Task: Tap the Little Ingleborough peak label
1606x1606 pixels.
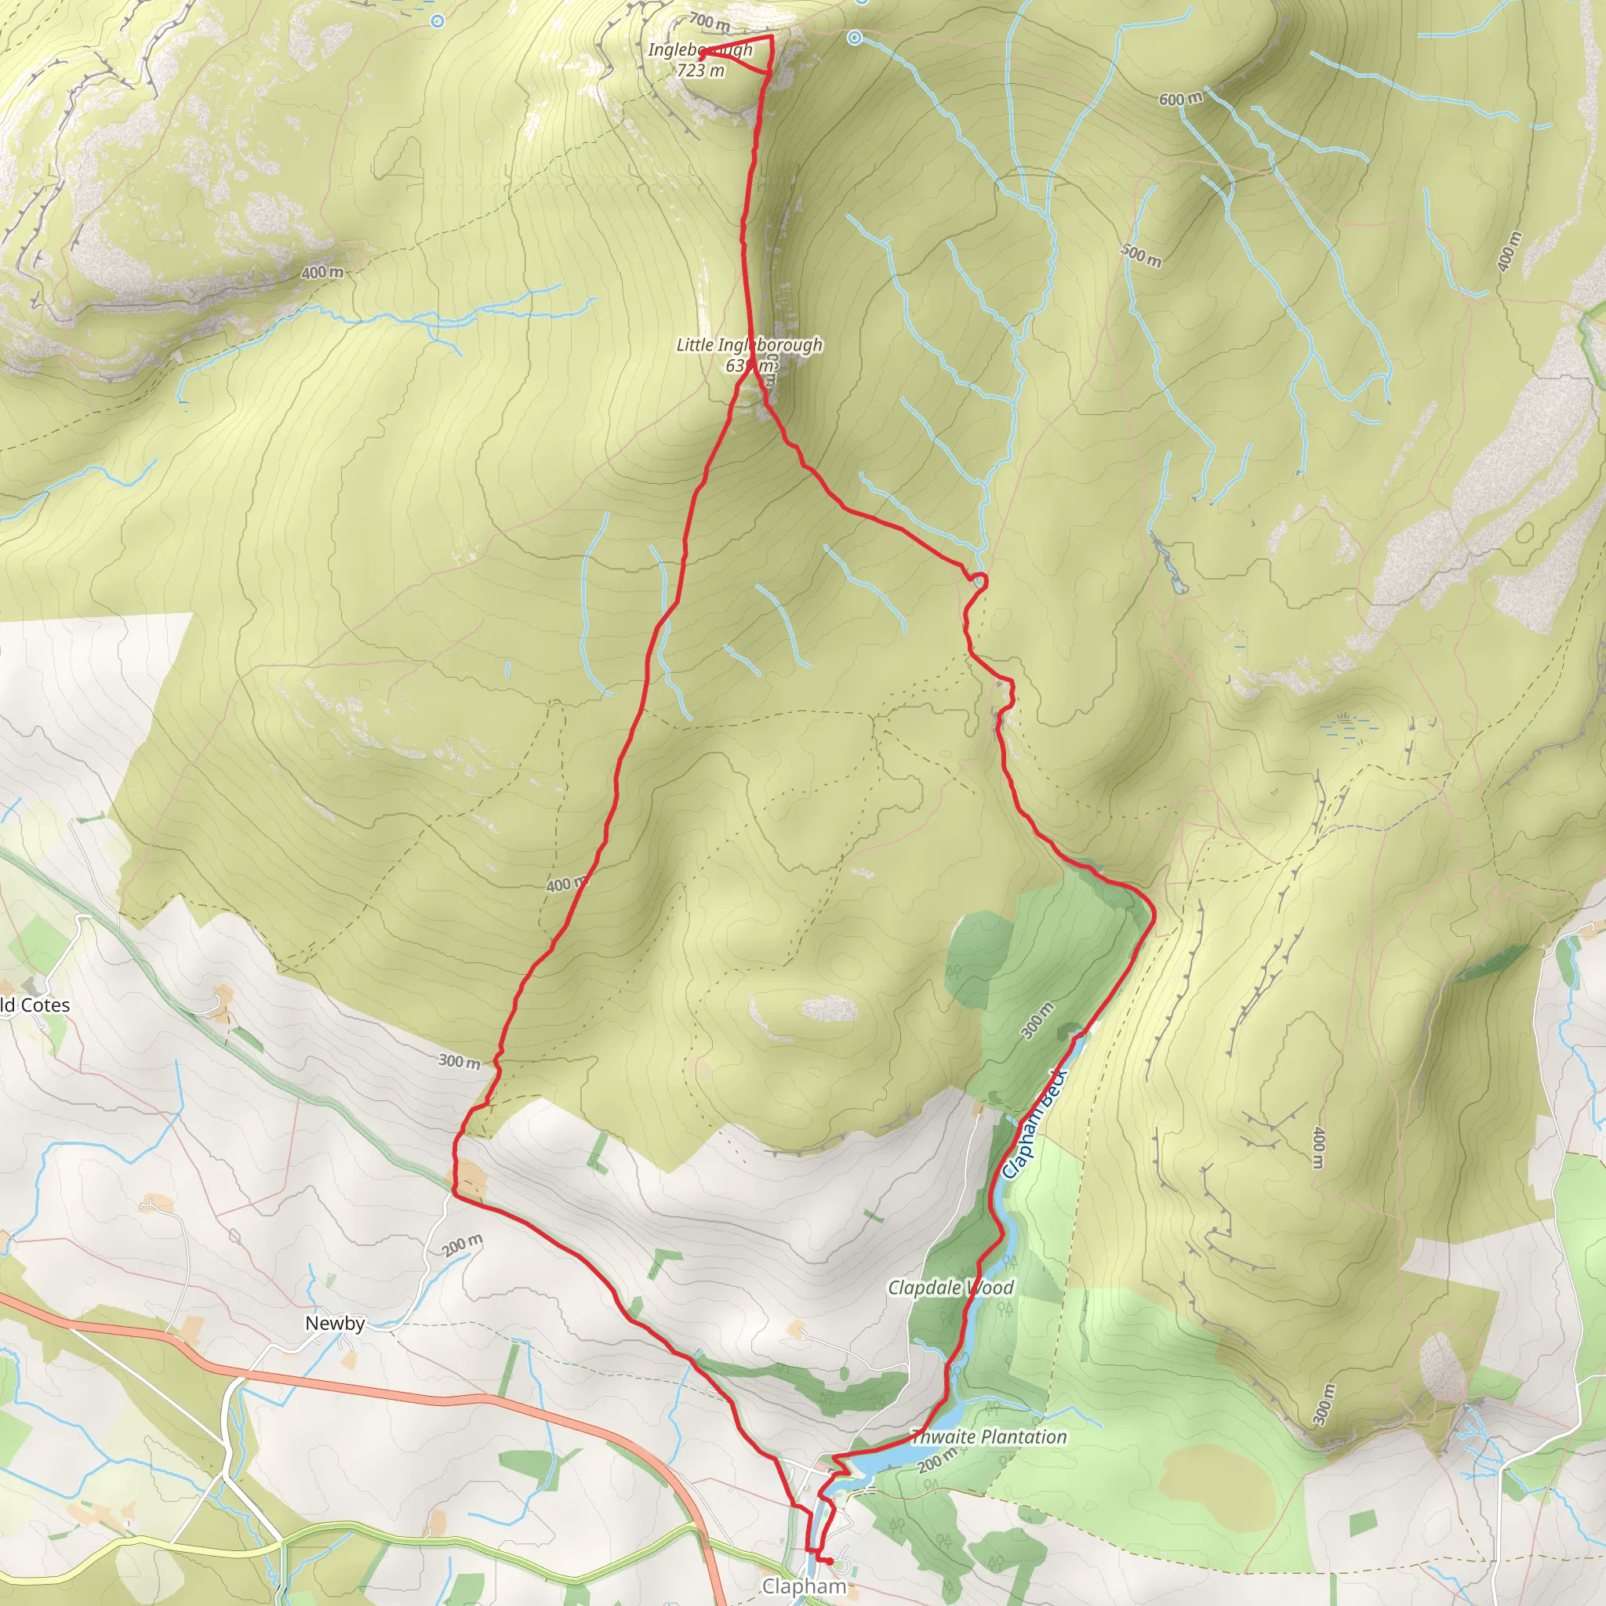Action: tap(749, 354)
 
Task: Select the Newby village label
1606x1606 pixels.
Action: tap(334, 1323)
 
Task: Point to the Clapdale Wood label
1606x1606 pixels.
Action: tap(950, 1288)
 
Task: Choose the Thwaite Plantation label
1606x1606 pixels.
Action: tap(988, 1437)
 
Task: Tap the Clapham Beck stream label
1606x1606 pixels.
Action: tap(1034, 1121)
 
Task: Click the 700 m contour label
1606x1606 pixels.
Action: tap(709, 23)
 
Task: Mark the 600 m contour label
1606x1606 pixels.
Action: tap(1180, 99)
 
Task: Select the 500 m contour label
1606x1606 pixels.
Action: tap(1141, 255)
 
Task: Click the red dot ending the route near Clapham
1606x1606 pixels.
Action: tap(830, 1561)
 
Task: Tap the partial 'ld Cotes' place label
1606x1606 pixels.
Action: tap(35, 1005)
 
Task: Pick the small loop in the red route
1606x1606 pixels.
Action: tap(979, 580)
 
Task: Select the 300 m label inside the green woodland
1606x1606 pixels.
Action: tap(1037, 1021)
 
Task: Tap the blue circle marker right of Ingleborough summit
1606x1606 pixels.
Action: tap(856, 38)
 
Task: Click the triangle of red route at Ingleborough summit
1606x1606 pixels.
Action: tap(748, 55)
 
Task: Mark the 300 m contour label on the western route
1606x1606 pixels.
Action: tap(459, 1062)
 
